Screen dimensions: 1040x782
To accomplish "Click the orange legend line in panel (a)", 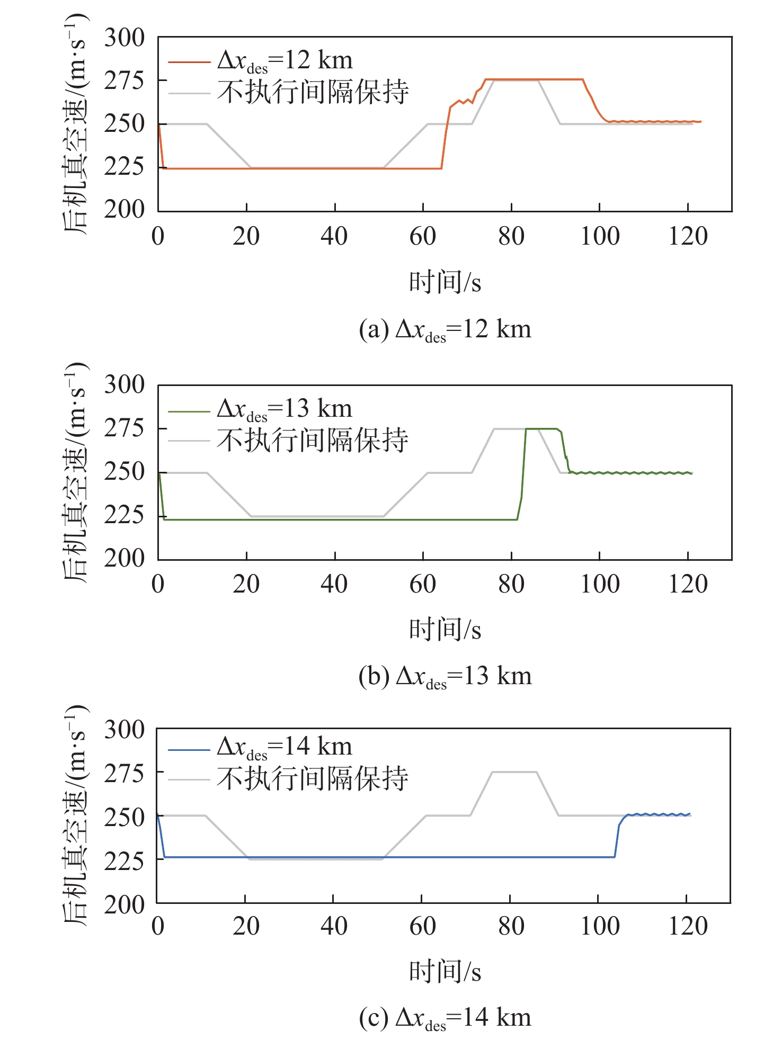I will pyautogui.click(x=189, y=62).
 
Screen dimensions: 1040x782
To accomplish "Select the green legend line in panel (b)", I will pyautogui.click(x=189, y=410).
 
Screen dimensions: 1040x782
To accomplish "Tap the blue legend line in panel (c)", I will pyautogui.click(x=189, y=750).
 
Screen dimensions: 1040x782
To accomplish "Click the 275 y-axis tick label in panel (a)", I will pyautogui.click(x=124, y=81).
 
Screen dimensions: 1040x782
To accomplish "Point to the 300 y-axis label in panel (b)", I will pyautogui.click(x=124, y=385).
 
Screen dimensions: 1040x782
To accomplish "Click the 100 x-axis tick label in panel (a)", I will pyautogui.click(x=600, y=236).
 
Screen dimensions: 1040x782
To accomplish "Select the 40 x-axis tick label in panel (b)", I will pyautogui.click(x=334, y=584).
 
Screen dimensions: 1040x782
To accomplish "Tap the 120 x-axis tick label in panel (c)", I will pyautogui.click(x=688, y=926).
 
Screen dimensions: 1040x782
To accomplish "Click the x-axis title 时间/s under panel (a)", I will pyautogui.click(x=445, y=282).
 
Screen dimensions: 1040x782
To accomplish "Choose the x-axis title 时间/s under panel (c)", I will pyautogui.click(x=445, y=972).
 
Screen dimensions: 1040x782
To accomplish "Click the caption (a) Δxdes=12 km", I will pyautogui.click(x=445, y=330).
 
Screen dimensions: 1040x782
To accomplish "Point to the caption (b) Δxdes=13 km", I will pyautogui.click(x=445, y=677).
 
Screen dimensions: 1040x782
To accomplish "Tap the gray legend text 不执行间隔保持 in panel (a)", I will pyautogui.click(x=313, y=92).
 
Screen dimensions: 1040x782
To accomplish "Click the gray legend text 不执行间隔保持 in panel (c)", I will pyautogui.click(x=313, y=778).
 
